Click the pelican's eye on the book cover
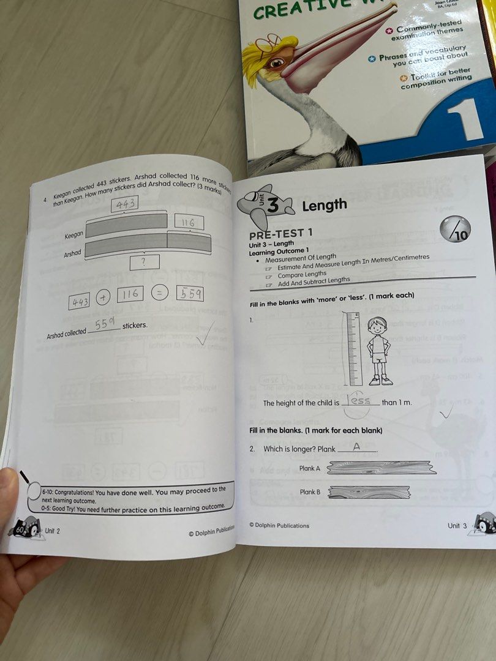277,62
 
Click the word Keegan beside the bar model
73,235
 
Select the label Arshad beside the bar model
73,252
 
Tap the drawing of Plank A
381,469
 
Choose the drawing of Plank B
370,492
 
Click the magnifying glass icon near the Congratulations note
29,481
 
